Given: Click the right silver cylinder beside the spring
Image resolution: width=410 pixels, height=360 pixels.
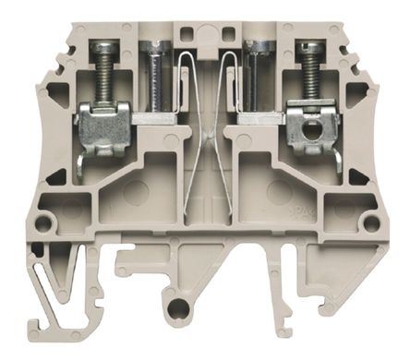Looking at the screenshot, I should pyautogui.click(x=258, y=78).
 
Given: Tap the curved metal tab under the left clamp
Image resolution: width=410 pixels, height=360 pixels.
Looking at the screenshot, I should pyautogui.click(x=81, y=166).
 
